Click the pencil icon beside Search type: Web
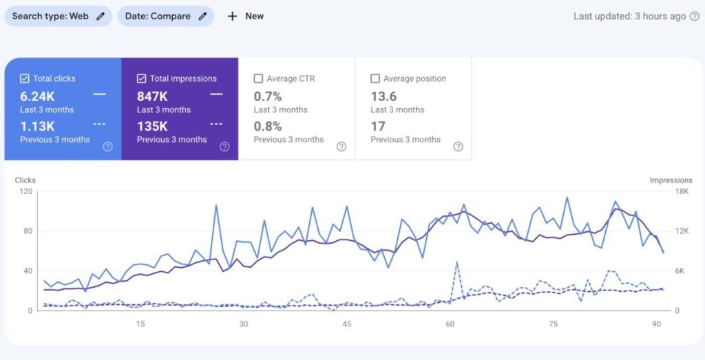pos(101,17)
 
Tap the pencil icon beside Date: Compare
pos(202,17)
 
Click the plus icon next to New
pos(232,17)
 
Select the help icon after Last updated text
pos(694,17)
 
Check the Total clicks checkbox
pos(25,78)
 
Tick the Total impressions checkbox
pos(141,78)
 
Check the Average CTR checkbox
pos(258,78)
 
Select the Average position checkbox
pos(375,78)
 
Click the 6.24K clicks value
pos(37,96)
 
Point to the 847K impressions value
pos(152,96)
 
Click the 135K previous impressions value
pos(152,126)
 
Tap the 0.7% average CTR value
pos(268,96)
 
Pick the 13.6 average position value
pos(383,96)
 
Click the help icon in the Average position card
pos(458,147)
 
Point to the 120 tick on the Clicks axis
pos(25,191)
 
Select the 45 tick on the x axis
pos(347,324)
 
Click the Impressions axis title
pos(671,180)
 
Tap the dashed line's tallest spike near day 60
pos(456,262)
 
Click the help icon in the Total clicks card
pos(107,147)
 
